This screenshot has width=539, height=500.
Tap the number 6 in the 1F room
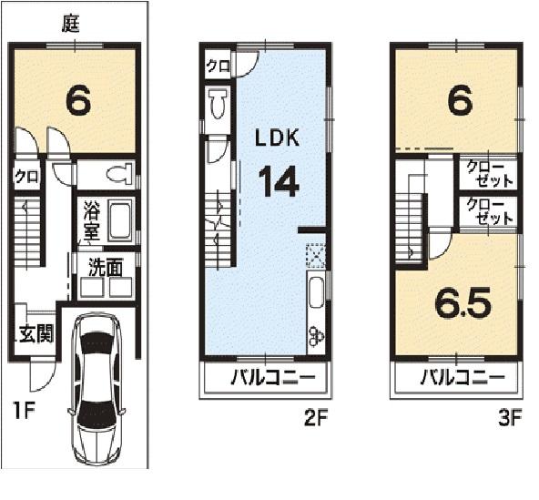point(77,101)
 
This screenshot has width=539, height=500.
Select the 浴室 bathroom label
point(91,219)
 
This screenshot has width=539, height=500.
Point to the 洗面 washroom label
point(105,267)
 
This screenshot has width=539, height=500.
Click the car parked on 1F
point(98,389)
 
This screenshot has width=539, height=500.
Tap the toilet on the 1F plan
point(117,173)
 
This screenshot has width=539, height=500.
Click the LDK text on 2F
point(277,138)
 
